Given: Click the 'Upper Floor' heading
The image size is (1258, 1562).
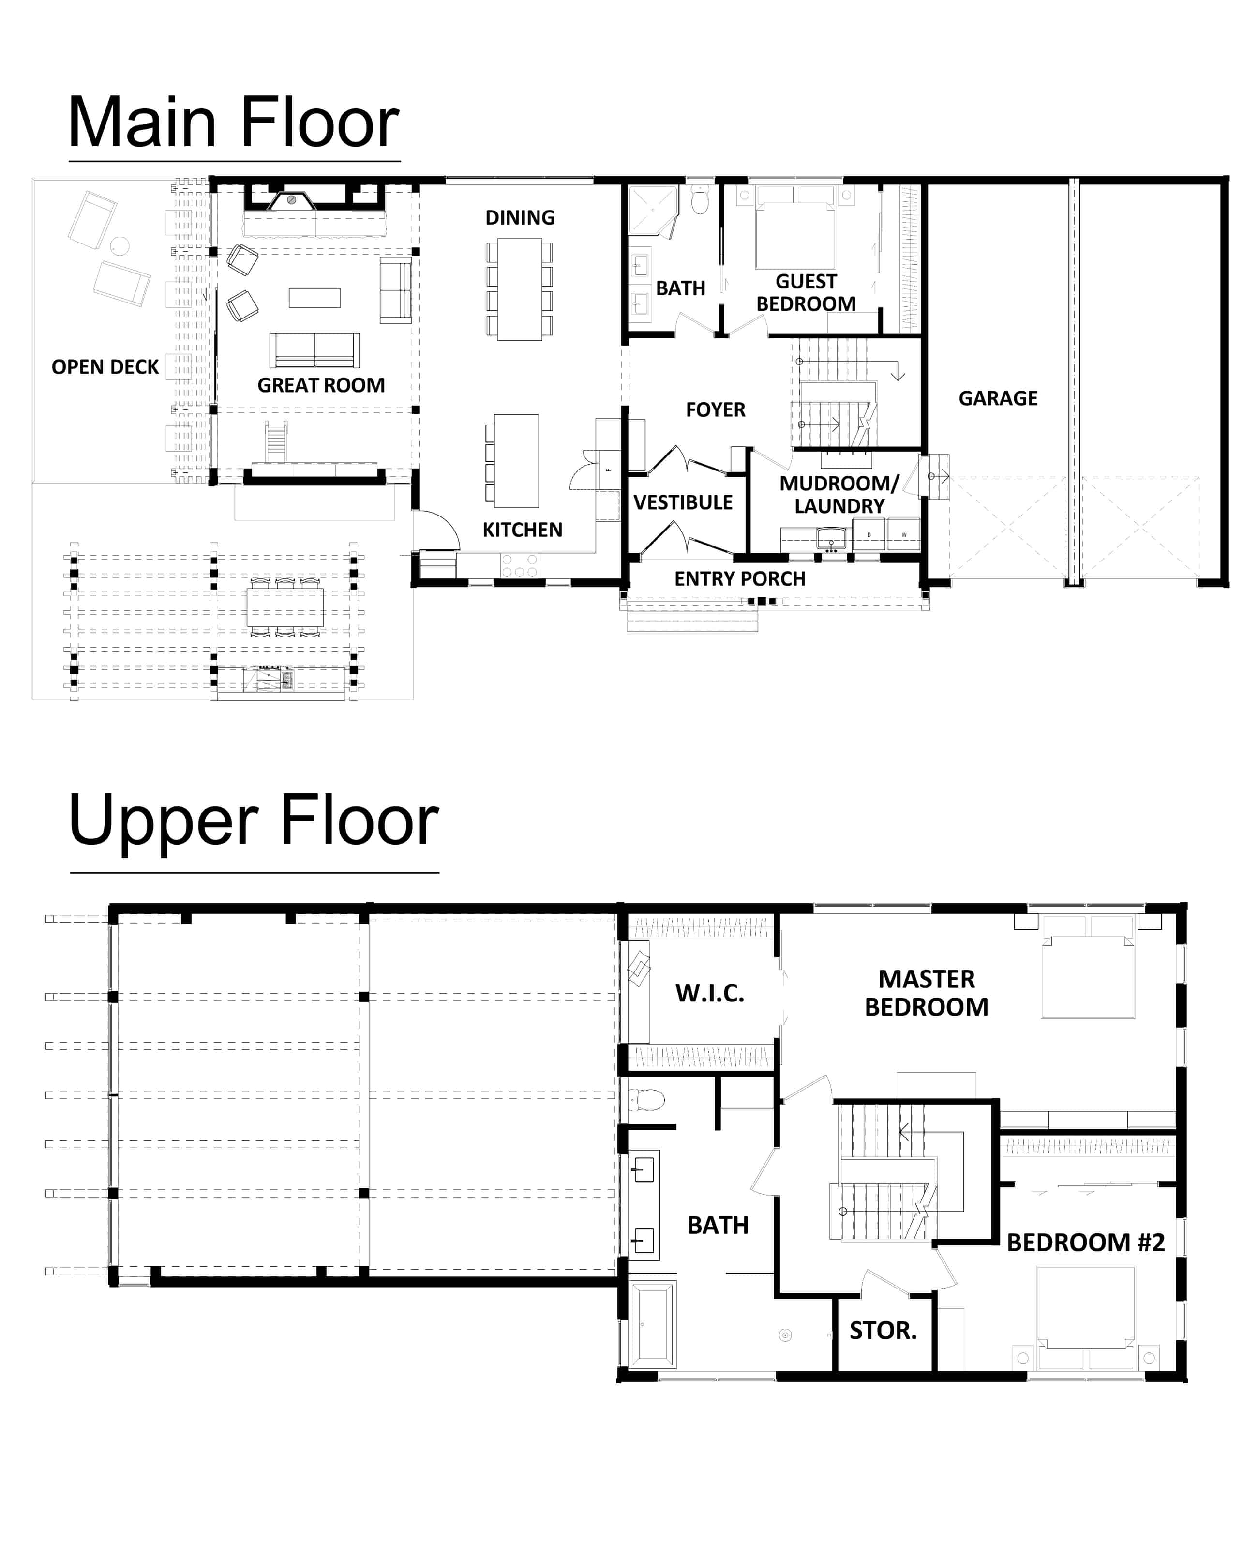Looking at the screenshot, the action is click(254, 821).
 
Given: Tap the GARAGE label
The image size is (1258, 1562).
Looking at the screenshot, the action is click(998, 398).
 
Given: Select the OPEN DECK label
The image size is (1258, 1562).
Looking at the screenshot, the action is click(105, 367).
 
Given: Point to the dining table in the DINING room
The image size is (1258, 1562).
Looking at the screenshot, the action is click(519, 289).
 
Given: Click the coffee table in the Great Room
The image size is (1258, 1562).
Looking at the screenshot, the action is click(314, 298).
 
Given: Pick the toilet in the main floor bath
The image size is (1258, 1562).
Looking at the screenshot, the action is click(699, 200).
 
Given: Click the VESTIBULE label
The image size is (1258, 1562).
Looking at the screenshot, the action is click(683, 502).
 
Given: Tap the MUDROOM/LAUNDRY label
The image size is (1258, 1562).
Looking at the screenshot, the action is click(839, 494).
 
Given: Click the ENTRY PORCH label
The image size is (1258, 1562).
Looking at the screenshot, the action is click(740, 578).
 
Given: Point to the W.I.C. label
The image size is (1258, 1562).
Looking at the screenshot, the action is click(709, 993).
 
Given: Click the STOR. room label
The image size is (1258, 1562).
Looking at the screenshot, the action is click(883, 1330).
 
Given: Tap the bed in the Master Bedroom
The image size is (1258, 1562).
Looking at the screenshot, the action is click(1088, 967).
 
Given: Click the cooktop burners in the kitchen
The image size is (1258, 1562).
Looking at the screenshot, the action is click(519, 565).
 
